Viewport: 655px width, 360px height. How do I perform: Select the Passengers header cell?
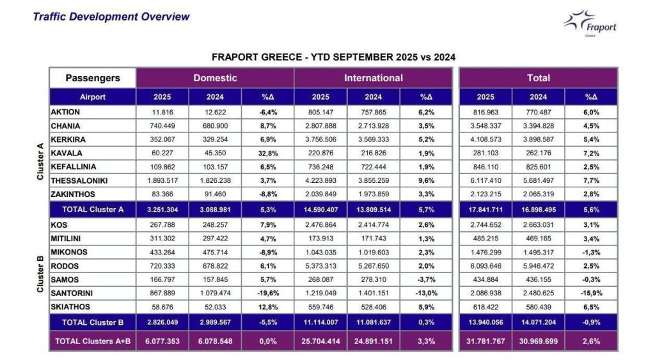click(93, 78)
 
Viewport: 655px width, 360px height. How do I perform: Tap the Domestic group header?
click(215, 78)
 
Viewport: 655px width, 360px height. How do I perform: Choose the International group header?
click(374, 78)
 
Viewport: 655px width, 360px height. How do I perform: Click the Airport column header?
click(93, 97)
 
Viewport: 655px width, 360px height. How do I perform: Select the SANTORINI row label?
click(72, 293)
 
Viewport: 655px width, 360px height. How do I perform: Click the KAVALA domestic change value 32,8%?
click(268, 153)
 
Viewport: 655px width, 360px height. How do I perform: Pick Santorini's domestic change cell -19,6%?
click(268, 293)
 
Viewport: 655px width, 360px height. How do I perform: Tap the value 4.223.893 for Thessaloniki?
click(320, 181)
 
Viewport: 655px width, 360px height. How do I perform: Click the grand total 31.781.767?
click(485, 341)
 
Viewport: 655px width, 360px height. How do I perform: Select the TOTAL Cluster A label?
click(93, 209)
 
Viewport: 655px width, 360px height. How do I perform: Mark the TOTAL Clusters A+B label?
click(93, 341)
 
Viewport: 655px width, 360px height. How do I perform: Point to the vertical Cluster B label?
click(40, 273)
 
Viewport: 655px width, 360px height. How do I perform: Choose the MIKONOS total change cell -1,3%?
click(592, 251)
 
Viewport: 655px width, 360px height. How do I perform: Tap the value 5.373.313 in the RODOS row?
click(320, 265)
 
